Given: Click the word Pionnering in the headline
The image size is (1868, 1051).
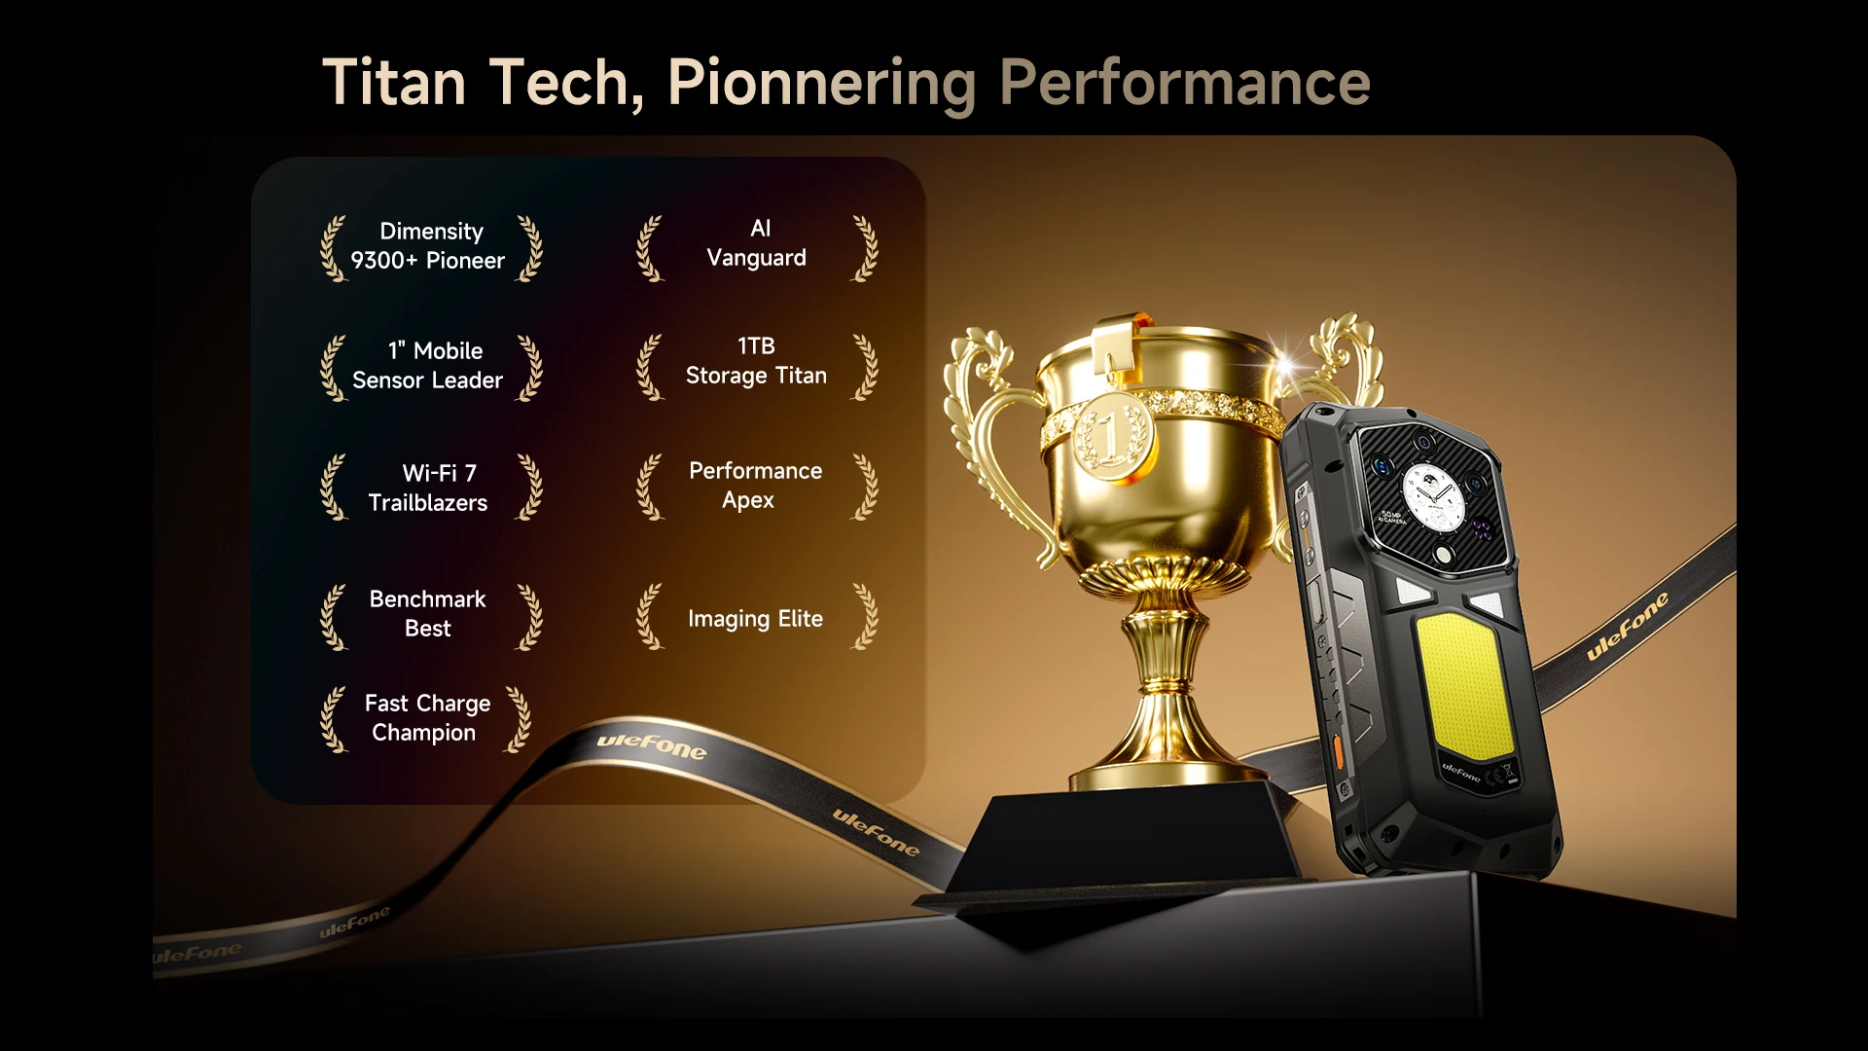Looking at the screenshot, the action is (x=822, y=84).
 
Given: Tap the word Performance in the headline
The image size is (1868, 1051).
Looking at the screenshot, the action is (x=1185, y=83).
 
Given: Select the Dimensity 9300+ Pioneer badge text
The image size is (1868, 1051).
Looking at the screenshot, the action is (x=429, y=246).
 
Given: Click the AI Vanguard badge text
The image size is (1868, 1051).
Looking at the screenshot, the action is (x=757, y=243).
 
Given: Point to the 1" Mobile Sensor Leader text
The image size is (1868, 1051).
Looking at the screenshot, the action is (x=428, y=365).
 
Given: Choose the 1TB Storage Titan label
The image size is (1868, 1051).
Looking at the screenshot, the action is (x=756, y=361).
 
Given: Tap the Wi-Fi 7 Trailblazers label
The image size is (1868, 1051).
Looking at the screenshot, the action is (x=428, y=488).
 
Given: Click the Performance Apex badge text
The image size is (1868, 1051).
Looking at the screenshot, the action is (x=755, y=485).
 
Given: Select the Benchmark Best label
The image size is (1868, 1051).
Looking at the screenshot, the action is (x=427, y=613).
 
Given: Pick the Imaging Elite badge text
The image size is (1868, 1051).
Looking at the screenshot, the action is (x=755, y=619).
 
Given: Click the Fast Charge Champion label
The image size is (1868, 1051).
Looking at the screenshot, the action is (x=427, y=717).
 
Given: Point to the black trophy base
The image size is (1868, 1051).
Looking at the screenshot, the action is (x=1119, y=847).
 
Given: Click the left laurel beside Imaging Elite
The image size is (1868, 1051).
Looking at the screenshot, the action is (x=650, y=617).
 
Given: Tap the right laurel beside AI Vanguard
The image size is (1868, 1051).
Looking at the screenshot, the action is (x=865, y=249).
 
